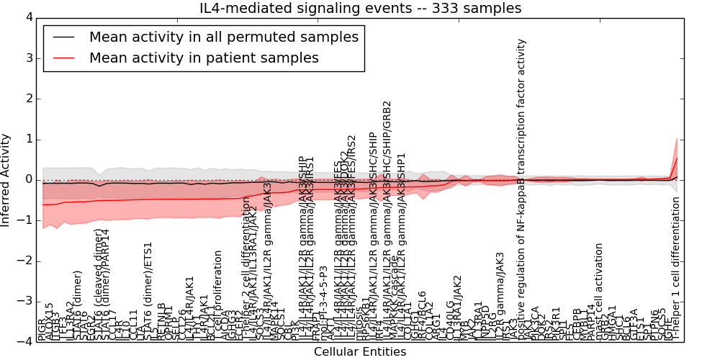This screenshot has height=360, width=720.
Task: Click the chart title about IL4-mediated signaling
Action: pyautogui.click(x=360, y=8)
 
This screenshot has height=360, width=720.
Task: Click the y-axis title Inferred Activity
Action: pyautogui.click(x=6, y=179)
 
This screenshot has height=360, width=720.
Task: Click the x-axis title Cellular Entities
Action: pyautogui.click(x=360, y=352)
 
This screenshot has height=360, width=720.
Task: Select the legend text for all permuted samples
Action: pyautogui.click(x=223, y=37)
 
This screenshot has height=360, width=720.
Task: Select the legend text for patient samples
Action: pyautogui.click(x=204, y=58)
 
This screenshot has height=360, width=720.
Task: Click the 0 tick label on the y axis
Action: pyautogui.click(x=30, y=179)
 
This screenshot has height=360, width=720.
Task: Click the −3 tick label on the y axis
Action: pyautogui.click(x=27, y=301)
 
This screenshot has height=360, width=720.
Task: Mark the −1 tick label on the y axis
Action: pyautogui.click(x=27, y=220)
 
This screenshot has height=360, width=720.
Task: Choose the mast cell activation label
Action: pyautogui.click(x=599, y=288)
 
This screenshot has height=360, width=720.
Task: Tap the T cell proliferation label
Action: pyautogui.click(x=218, y=295)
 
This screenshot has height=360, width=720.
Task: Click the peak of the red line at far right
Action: pyautogui.click(x=677, y=158)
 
